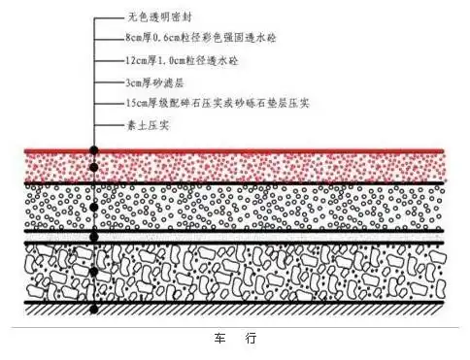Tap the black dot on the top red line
pyautogui.click(x=93, y=151)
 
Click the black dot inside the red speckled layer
pyautogui.click(x=93, y=168)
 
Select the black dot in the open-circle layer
pyautogui.click(x=93, y=207)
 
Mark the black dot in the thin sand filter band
pyautogui.click(x=93, y=237)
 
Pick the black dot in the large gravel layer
pyautogui.click(x=93, y=273)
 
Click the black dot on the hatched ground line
pyautogui.click(x=93, y=310)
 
